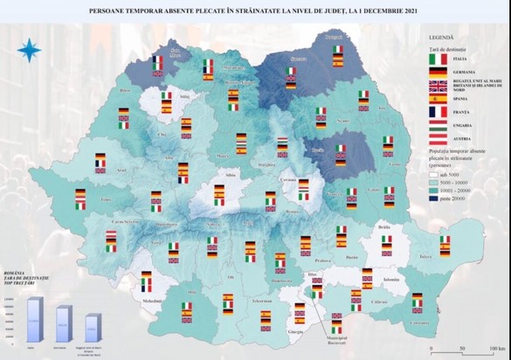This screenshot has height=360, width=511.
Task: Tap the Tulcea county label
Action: [425, 258]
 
